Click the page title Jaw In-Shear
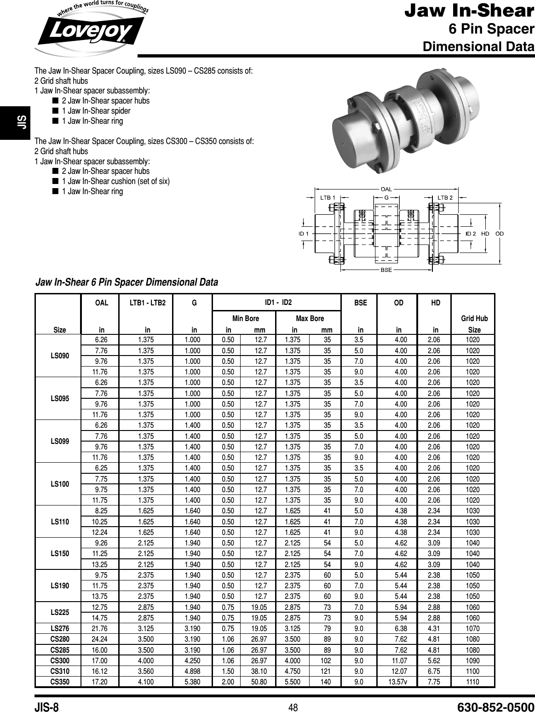click(469, 11)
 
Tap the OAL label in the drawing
click(386, 189)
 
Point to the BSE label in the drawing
click(386, 270)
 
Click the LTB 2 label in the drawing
click(445, 197)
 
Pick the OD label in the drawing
click(500, 233)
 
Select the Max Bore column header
click(310, 318)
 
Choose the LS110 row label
click(60, 522)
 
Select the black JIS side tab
click(8, 122)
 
